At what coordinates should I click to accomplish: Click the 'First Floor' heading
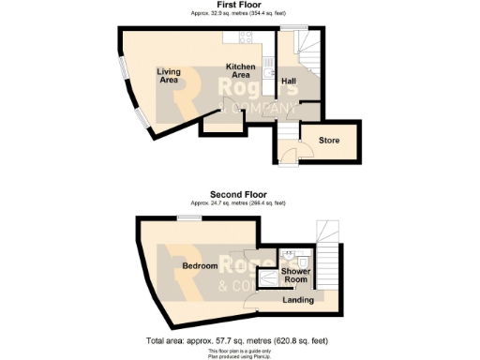click(x=239, y=5)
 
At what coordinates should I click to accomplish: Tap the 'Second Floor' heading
click(x=239, y=196)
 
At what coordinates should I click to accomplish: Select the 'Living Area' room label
click(x=169, y=76)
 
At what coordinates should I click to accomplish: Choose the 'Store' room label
click(x=328, y=141)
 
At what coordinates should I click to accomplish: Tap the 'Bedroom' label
click(x=200, y=266)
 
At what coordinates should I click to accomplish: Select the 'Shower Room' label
click(x=296, y=276)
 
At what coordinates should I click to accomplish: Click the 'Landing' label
click(x=298, y=300)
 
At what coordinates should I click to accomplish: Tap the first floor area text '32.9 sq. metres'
click(x=239, y=13)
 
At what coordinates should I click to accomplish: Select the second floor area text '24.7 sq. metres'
click(x=239, y=203)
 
